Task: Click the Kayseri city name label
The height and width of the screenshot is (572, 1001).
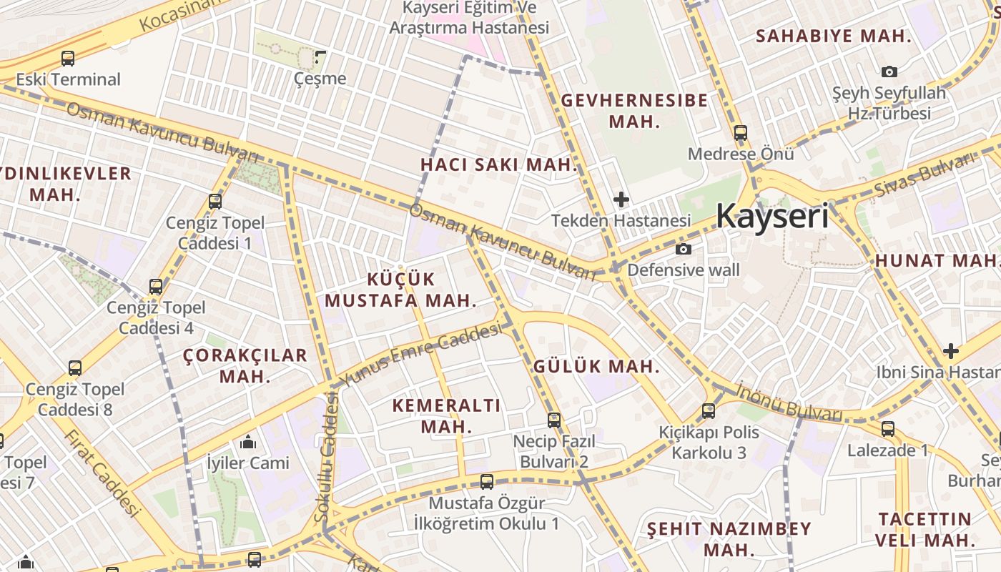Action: [x=772, y=215]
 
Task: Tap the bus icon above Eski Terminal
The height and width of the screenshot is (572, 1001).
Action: [x=68, y=59]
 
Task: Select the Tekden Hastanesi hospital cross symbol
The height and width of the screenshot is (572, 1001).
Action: [x=621, y=199]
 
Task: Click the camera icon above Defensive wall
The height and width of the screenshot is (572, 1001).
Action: [x=684, y=249]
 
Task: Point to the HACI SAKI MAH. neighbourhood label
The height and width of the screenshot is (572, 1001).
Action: [x=498, y=164]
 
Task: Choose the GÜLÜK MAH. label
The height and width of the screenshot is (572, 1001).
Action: [x=597, y=366]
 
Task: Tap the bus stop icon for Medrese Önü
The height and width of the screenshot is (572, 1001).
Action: [x=741, y=133]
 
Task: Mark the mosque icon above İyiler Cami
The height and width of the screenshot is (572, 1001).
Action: [x=248, y=442]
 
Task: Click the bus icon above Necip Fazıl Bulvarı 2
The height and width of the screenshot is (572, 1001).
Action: [x=554, y=420]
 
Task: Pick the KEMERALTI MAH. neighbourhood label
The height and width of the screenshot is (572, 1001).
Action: [x=447, y=416]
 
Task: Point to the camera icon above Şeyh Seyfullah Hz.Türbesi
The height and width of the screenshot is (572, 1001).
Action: [x=889, y=71]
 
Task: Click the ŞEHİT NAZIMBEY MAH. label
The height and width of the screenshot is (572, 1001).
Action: [x=729, y=539]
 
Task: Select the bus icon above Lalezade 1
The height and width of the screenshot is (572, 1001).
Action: [x=888, y=429]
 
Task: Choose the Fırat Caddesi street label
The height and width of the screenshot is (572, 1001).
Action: [x=101, y=472]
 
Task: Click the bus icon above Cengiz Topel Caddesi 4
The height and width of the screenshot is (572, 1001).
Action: [x=156, y=287]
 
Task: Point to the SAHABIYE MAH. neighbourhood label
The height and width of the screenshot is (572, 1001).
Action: [x=834, y=36]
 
